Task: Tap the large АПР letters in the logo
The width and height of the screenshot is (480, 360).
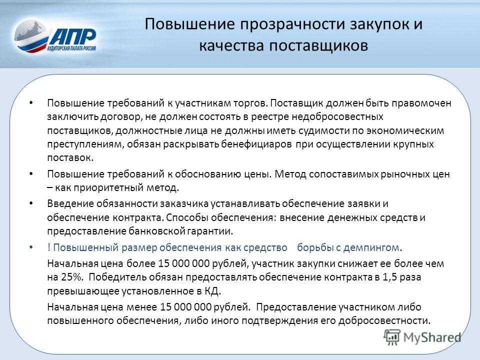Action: pyautogui.click(x=73, y=36)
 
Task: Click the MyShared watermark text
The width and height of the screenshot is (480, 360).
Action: pyautogui.click(x=432, y=337)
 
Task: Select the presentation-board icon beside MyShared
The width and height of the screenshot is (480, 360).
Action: pyautogui.click(x=392, y=337)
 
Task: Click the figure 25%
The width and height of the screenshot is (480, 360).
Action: pyautogui.click(x=72, y=277)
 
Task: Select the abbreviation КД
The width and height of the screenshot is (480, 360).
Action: pyautogui.click(x=212, y=291)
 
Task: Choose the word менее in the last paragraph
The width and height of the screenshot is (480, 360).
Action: pyautogui.click(x=141, y=307)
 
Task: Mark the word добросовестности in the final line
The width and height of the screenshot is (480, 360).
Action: pyautogui.click(x=384, y=321)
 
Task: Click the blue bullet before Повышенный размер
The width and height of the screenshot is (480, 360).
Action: pyautogui.click(x=31, y=247)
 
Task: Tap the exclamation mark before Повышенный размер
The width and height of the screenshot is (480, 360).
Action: pyautogui.click(x=48, y=247)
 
